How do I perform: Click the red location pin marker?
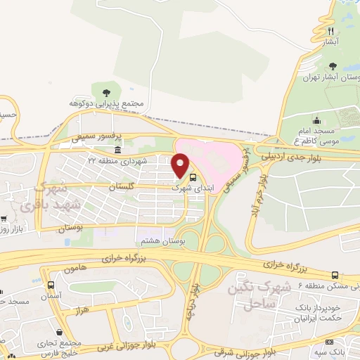pyautogui.click(x=181, y=167)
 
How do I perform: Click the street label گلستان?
pyautogui.click(x=122, y=186)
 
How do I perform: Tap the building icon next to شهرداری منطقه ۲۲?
pyautogui.click(x=117, y=151)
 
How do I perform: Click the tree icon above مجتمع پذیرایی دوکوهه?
pyautogui.click(x=106, y=92)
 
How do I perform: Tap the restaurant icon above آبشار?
pyautogui.click(x=330, y=31)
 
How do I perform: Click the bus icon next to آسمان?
pyautogui.click(x=51, y=285)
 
